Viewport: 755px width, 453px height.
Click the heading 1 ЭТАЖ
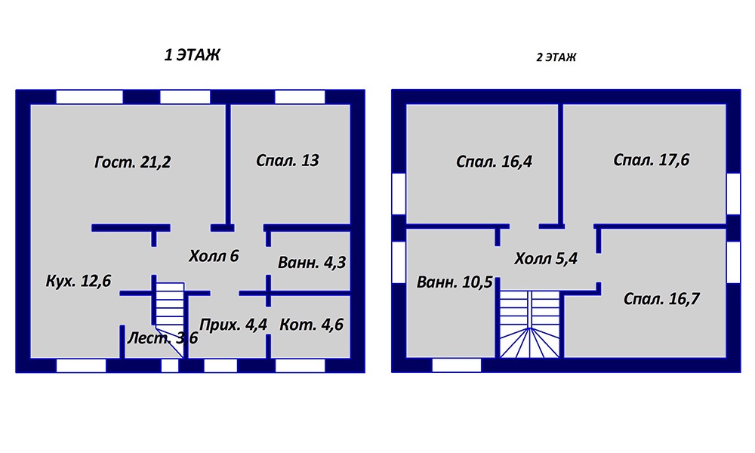tap(192, 55)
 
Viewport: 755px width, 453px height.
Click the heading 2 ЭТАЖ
tap(556, 57)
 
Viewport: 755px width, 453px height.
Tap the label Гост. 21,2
tap(132, 162)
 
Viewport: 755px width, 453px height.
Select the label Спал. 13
tap(287, 160)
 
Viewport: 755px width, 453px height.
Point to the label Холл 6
tap(214, 256)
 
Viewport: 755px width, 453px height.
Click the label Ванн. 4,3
tap(312, 263)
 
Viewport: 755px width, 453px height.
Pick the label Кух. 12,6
tap(79, 281)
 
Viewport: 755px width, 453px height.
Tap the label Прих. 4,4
tap(233, 325)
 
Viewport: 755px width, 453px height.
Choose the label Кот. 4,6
tap(311, 325)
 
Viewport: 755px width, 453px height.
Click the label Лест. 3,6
tap(162, 338)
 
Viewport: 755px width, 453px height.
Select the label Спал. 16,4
tap(494, 162)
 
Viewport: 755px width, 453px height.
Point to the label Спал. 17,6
tap(651, 160)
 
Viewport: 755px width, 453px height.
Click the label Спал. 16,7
tap(661, 299)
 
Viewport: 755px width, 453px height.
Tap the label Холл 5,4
tap(546, 259)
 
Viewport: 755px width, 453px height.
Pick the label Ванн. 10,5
tap(455, 282)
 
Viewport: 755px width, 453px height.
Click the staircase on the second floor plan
tap(530, 324)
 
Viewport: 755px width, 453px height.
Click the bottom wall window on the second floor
tap(457, 365)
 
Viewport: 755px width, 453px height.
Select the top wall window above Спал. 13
tap(300, 97)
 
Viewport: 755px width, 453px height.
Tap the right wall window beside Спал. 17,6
tap(733, 193)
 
